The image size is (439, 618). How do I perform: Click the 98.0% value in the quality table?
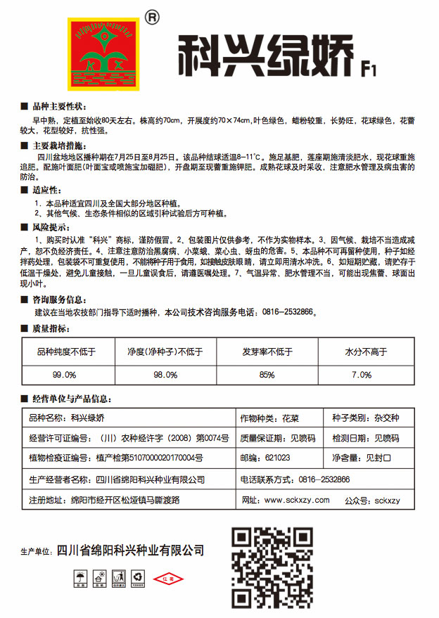click(x=165, y=375)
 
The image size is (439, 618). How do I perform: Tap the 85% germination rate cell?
click(x=267, y=375)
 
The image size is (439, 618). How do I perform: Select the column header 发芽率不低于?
click(x=267, y=352)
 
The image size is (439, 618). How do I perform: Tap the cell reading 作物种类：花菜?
click(x=270, y=418)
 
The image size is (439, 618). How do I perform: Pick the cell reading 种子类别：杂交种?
click(x=365, y=418)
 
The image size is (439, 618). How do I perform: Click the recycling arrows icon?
click(x=138, y=579)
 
